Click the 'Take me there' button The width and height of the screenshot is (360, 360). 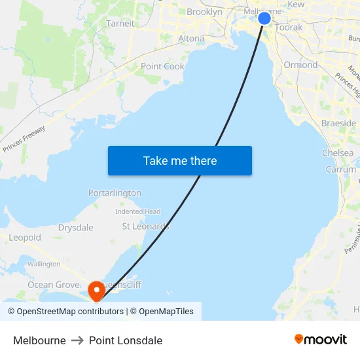click(x=179, y=160)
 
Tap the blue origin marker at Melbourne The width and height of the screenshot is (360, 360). click(x=264, y=18)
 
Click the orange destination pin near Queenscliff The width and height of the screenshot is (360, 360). click(x=96, y=289)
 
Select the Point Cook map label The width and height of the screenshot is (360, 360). click(x=162, y=66)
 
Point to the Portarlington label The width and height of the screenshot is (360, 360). click(x=115, y=193)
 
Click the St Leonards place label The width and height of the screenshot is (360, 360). click(x=146, y=226)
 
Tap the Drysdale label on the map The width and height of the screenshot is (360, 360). click(x=75, y=228)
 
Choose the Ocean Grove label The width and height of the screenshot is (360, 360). click(x=52, y=285)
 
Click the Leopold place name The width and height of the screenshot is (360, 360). click(x=25, y=238)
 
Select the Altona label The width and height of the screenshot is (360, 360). click(x=191, y=39)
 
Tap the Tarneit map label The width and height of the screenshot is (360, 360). click(x=120, y=23)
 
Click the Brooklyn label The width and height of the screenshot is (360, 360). click(x=204, y=12)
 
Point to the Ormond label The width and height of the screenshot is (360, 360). click(x=300, y=65)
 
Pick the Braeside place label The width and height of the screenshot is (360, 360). click(x=338, y=123)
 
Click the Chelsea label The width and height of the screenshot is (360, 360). click(x=338, y=153)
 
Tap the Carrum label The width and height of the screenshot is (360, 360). click(x=341, y=170)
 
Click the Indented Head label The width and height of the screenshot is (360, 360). click(x=137, y=211)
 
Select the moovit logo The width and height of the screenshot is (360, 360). click(x=320, y=339)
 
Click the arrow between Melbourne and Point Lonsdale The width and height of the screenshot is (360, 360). click(x=77, y=340)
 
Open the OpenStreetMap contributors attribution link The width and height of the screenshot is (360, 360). click(x=70, y=312)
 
